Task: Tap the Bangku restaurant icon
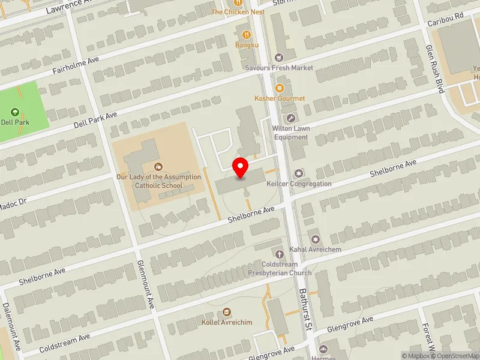tap(247, 34)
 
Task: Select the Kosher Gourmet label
tap(280, 98)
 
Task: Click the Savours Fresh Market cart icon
tap(278, 57)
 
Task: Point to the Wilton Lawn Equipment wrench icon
tap(291, 118)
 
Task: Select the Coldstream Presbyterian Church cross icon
tap(279, 254)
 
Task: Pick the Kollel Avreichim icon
tap(227, 312)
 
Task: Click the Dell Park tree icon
tap(15, 112)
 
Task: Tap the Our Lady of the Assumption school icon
tap(158, 166)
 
